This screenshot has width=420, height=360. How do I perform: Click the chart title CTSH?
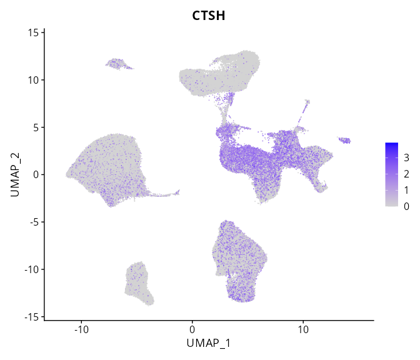click(x=209, y=15)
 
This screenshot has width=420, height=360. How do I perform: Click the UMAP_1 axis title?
click(x=209, y=343)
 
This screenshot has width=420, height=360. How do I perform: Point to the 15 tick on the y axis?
click(x=34, y=32)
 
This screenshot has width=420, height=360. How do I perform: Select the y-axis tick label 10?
click(x=34, y=80)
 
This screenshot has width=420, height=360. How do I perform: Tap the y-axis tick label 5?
click(x=36, y=127)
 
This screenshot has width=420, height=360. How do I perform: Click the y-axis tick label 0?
click(x=36, y=175)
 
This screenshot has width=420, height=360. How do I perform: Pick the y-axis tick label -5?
click(x=34, y=222)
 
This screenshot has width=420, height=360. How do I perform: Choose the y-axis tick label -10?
click(x=32, y=269)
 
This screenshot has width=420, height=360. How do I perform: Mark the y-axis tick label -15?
click(x=32, y=317)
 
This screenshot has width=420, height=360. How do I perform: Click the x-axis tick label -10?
click(x=81, y=328)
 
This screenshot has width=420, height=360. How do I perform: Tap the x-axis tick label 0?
click(x=192, y=328)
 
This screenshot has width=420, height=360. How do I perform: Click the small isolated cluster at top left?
click(x=117, y=64)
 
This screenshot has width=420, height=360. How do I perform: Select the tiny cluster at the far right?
click(x=344, y=141)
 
